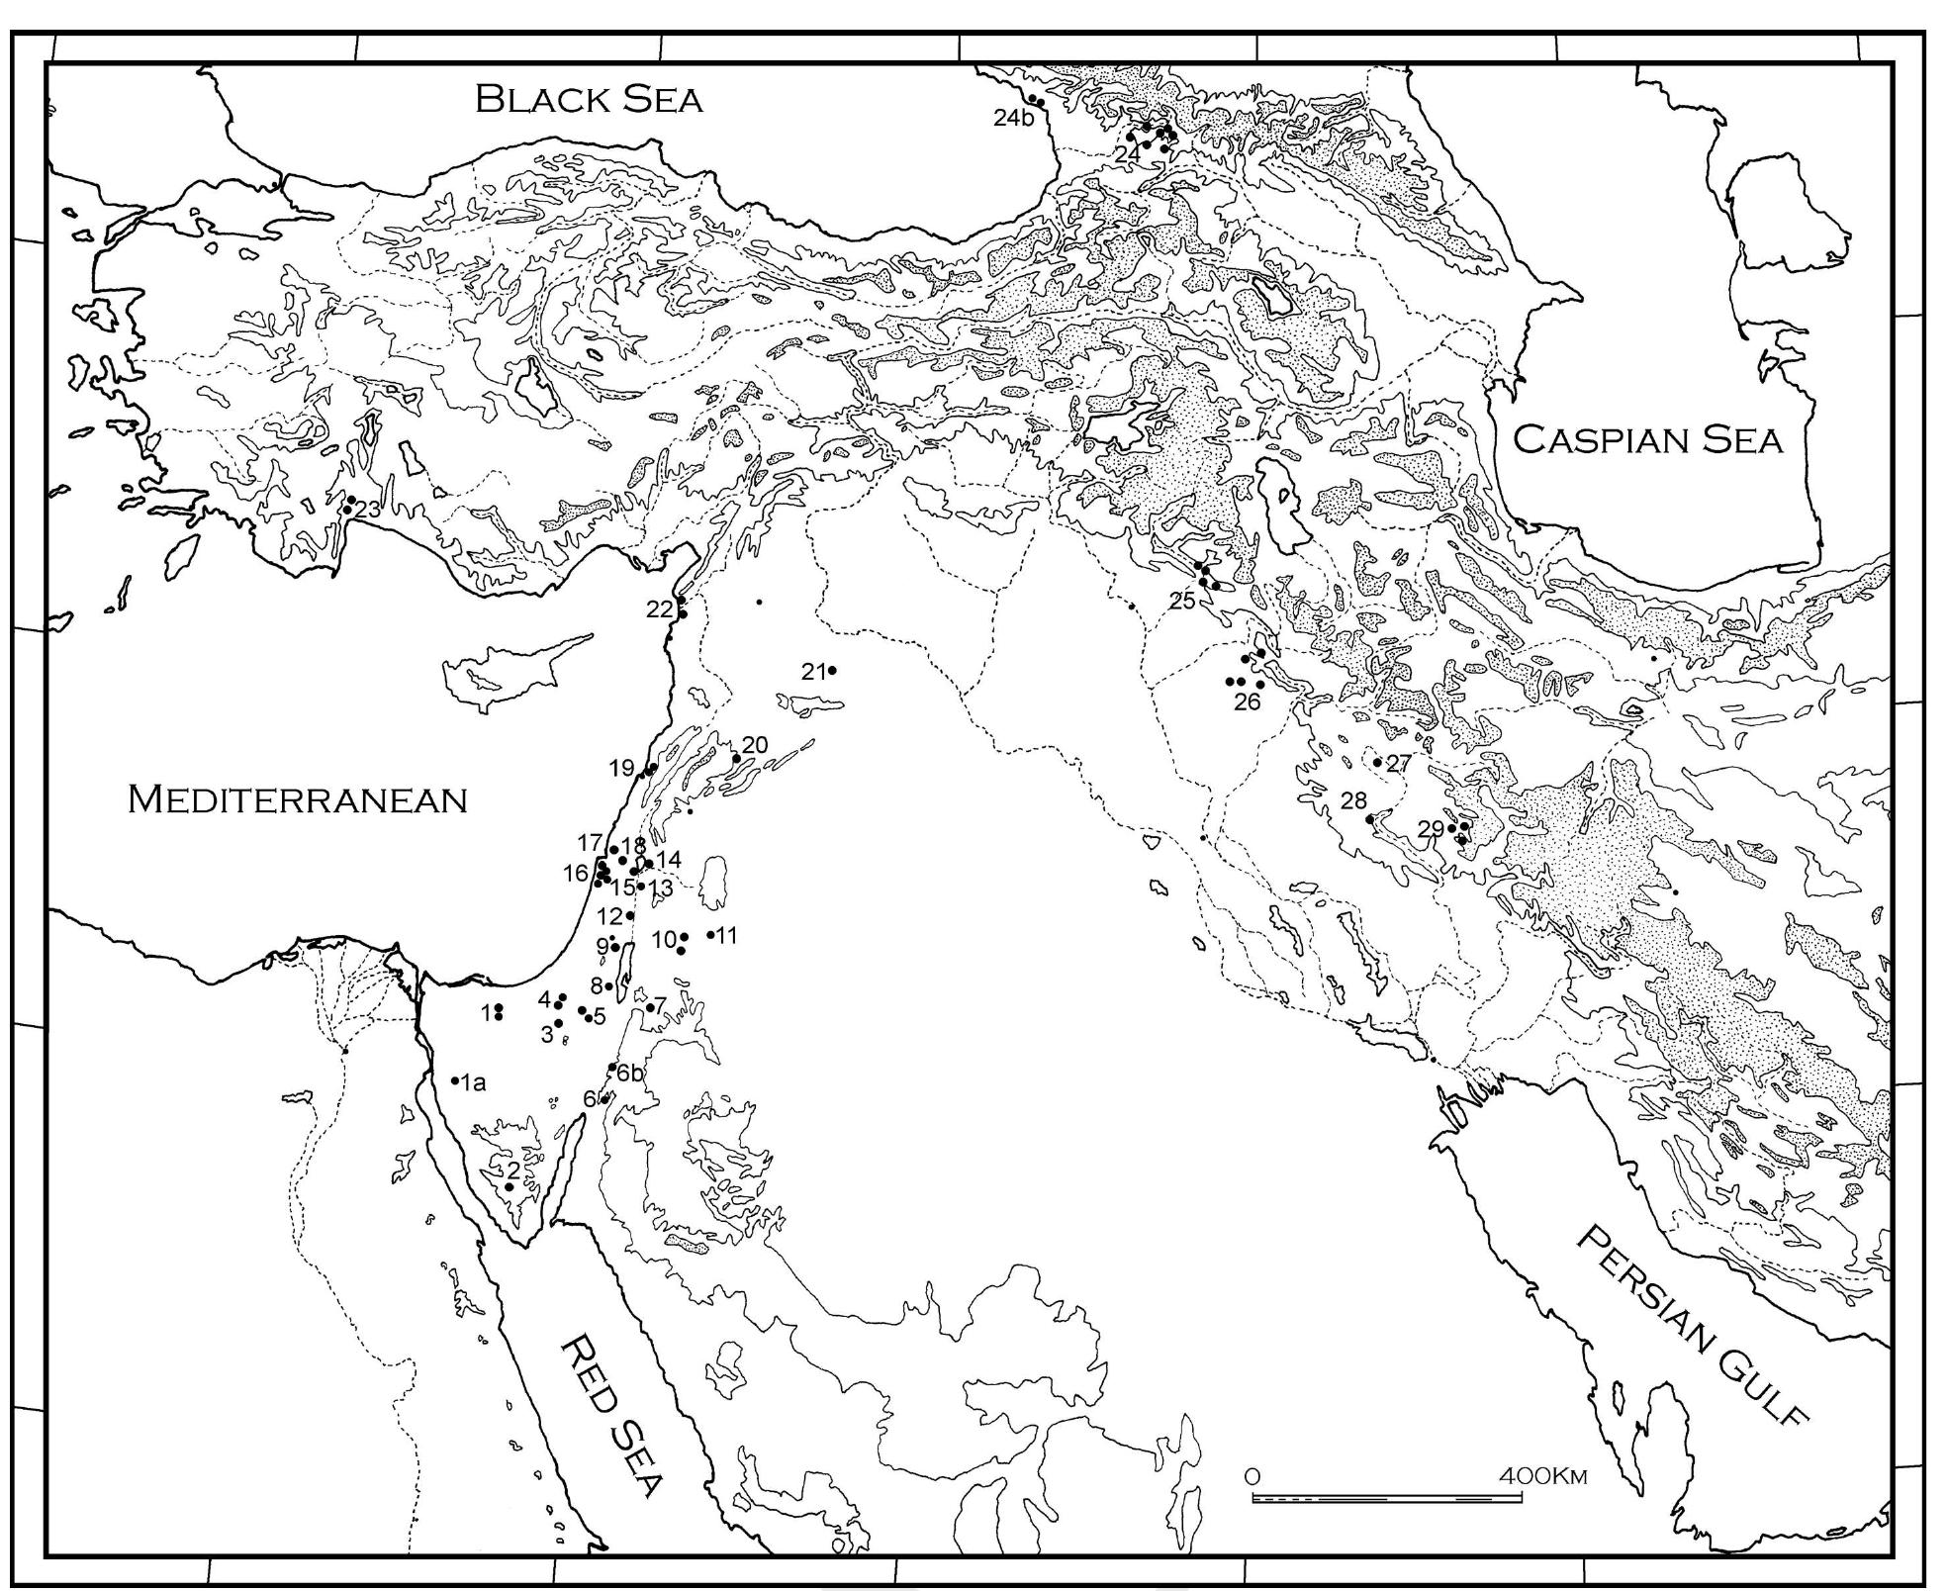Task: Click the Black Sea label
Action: coord(589,99)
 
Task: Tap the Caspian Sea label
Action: coord(1648,439)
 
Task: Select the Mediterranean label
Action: coord(297,799)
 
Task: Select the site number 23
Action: coord(368,510)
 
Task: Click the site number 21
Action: coord(813,672)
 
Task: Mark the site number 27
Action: coord(1399,763)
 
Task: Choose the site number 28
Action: coord(1352,800)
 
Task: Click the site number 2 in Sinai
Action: coord(513,1170)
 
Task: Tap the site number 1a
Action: coord(474,1082)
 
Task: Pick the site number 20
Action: coord(754,745)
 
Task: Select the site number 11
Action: coord(726,935)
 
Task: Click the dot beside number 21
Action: coord(832,671)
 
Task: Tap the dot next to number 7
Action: coord(650,1007)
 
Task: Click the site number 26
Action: coord(1247,702)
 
